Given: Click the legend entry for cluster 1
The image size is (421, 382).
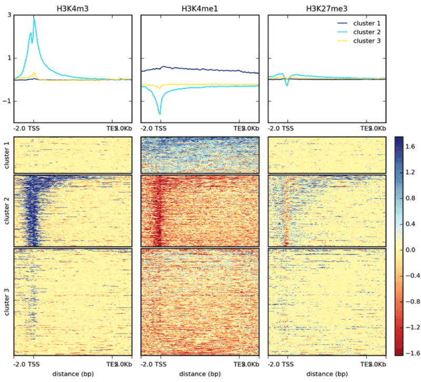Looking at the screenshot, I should pos(367,23).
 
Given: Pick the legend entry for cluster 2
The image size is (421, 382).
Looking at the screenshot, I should pos(367,32).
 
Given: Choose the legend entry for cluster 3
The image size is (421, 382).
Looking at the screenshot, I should pos(367,41).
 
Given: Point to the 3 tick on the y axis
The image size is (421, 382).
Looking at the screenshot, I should pos(9,15).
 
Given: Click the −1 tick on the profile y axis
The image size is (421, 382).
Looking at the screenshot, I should pos(7,101).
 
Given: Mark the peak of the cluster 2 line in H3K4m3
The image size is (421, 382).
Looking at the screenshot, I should pos(34,18).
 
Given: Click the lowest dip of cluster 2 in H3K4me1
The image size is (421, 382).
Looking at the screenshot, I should pos(160,114).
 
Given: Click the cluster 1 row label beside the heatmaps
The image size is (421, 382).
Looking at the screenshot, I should pos(6,154).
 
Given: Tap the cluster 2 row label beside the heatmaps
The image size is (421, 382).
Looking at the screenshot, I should pos(6,210).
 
